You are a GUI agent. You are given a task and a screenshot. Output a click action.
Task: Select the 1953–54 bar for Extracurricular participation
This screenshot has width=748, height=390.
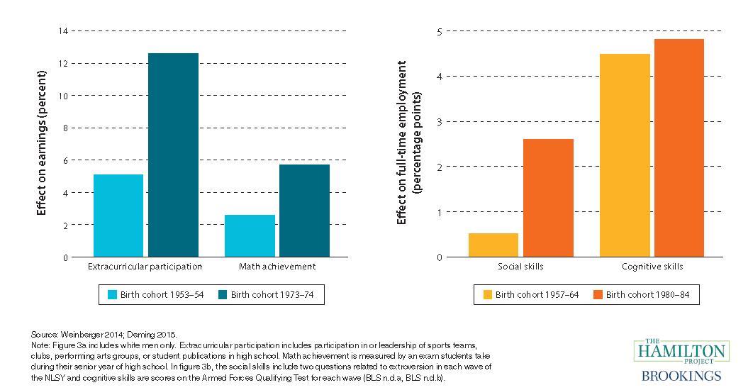(118, 216)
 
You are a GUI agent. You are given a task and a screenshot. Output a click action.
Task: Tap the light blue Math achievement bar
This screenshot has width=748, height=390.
(250, 235)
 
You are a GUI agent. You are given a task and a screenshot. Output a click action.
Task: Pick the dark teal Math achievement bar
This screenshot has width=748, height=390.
(305, 211)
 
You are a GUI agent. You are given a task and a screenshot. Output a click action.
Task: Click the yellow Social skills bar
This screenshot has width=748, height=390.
(493, 245)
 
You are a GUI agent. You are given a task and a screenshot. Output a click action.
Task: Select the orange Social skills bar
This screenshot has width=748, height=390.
(548, 198)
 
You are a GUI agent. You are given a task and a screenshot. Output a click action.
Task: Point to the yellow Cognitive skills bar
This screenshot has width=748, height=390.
(625, 155)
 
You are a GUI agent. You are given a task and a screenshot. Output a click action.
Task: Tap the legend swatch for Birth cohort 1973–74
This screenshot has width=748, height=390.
(223, 294)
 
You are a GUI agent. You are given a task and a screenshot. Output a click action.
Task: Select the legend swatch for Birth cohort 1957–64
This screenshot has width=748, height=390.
(487, 294)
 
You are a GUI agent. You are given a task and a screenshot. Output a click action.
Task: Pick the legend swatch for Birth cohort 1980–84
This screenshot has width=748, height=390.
(598, 294)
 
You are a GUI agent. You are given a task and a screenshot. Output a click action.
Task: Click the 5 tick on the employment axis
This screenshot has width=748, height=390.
(439, 31)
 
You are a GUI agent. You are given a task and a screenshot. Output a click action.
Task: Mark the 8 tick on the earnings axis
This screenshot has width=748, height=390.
(65, 128)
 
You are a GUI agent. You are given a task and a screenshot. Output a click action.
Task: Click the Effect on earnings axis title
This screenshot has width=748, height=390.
(41, 143)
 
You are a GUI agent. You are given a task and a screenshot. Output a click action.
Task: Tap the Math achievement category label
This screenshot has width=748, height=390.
(277, 267)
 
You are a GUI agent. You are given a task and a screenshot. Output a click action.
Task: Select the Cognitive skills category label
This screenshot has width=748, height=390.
(652, 267)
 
